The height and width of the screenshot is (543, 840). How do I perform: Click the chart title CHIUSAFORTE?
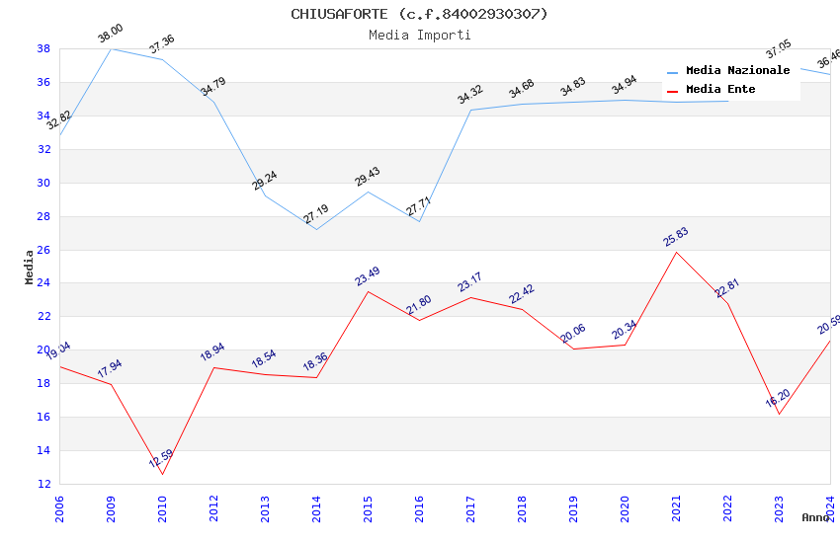419,14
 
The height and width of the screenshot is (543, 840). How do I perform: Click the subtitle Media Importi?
419,36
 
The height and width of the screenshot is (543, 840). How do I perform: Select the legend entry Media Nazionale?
737,71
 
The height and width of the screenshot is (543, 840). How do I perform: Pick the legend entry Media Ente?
720,90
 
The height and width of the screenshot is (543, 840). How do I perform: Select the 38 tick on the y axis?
43,48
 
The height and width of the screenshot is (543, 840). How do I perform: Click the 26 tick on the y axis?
43,250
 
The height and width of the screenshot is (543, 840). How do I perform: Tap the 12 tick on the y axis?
43,484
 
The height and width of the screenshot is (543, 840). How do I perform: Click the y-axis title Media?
30,267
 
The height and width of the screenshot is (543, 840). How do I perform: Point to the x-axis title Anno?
815,517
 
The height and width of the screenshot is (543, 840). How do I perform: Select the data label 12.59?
161,459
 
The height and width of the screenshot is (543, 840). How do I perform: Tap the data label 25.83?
676,237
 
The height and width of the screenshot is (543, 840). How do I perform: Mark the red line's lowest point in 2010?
162,474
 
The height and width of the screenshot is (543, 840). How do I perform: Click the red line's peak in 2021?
676,252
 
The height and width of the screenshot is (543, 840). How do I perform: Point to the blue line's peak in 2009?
111,48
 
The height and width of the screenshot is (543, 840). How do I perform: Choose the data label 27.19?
316,215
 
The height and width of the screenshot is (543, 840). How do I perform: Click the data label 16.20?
779,399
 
